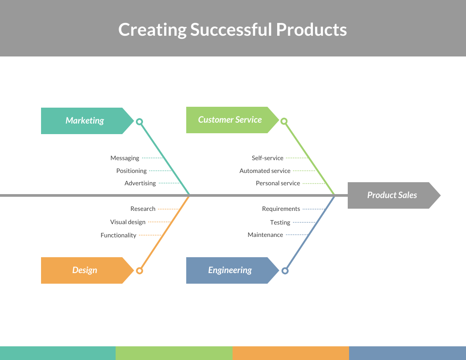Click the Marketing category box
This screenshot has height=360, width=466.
tap(85, 120)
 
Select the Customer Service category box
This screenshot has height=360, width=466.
tap(230, 120)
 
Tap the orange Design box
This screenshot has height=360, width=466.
tap(85, 270)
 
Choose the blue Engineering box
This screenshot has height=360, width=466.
tap(230, 270)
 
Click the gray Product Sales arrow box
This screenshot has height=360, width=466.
tap(392, 195)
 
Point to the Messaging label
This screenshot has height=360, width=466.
tap(125, 158)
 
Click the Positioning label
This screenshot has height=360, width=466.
tap(132, 171)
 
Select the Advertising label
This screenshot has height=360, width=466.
tap(140, 183)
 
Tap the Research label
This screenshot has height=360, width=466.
tap(143, 209)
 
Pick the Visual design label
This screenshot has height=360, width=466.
tap(128, 222)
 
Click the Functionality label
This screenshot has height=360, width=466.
tap(118, 235)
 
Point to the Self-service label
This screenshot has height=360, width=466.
tap(267, 158)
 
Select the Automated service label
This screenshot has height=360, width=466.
tap(265, 171)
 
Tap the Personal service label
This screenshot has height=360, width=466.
tap(278, 183)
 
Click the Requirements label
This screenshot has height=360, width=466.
tap(281, 209)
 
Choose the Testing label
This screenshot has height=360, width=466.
tap(280, 222)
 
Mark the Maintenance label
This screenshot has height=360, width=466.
tap(265, 235)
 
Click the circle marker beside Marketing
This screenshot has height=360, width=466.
tap(139, 121)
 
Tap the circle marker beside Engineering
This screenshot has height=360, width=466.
tap(285, 270)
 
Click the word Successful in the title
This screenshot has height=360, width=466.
tap(231, 30)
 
